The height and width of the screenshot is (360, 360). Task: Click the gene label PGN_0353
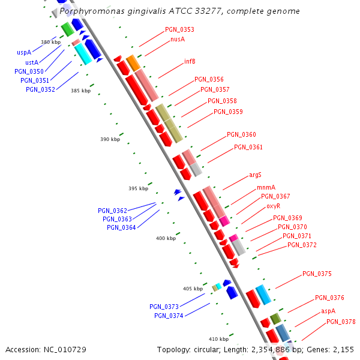[179, 29]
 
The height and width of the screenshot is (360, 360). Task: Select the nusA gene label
[177, 39]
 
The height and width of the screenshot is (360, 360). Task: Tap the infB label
[190, 61]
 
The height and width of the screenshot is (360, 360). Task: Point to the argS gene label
[255, 175]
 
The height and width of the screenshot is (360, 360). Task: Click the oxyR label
[273, 206]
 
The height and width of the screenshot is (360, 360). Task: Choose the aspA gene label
[328, 311]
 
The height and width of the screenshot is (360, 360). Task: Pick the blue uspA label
[24, 53]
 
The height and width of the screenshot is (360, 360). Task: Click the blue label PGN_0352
[40, 89]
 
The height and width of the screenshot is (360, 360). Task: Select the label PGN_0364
[121, 227]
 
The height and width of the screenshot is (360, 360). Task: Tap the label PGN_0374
[169, 316]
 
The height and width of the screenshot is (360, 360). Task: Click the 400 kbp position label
[166, 238]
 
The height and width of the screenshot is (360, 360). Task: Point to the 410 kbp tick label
[218, 339]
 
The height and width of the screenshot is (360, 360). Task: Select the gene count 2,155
[343, 349]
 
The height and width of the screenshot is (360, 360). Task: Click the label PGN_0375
[317, 274]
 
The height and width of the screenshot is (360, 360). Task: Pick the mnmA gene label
[265, 187]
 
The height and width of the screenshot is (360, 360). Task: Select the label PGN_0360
[241, 134]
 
